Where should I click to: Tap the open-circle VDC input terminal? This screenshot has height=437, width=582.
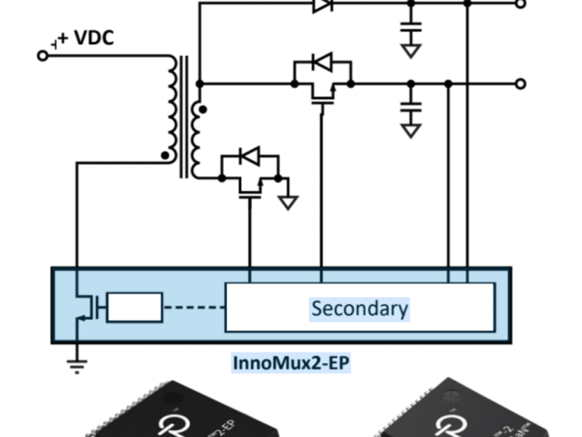(x=42, y=55)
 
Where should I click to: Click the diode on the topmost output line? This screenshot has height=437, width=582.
(x=322, y=4)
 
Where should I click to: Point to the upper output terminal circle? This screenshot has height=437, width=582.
(x=520, y=4)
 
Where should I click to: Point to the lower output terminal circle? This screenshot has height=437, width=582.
(x=520, y=84)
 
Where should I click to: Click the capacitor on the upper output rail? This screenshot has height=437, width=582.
(x=411, y=28)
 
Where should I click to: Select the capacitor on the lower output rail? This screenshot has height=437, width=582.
(x=411, y=108)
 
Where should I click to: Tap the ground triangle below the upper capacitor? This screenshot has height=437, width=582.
(x=411, y=50)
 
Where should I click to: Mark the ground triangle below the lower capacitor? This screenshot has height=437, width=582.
(x=411, y=130)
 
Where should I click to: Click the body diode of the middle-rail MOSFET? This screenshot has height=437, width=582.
(x=322, y=63)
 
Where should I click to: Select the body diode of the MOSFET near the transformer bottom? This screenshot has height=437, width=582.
(x=250, y=155)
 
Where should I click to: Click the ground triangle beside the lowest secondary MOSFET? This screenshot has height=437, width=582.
(x=289, y=202)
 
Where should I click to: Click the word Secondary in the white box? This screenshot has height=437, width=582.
(x=359, y=308)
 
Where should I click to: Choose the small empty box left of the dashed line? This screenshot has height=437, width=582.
(x=135, y=307)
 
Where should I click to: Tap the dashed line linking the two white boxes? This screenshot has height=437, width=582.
(x=194, y=307)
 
